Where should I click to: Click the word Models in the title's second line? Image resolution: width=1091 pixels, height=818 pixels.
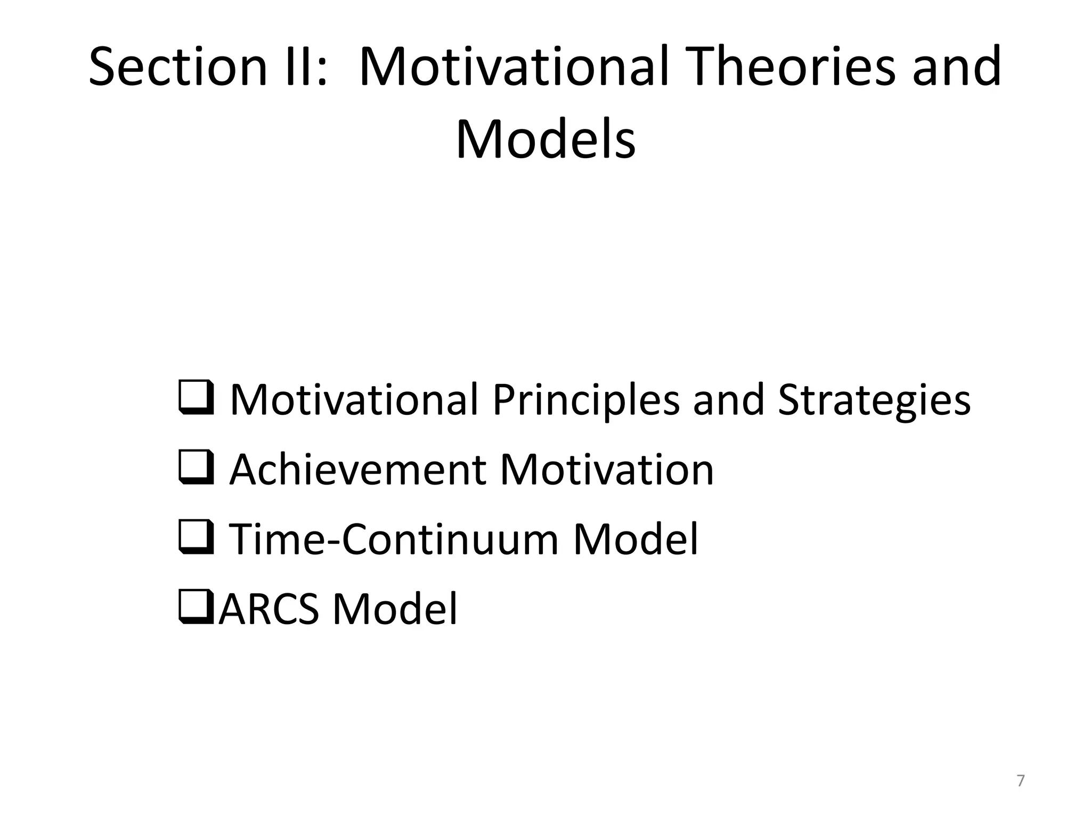pyautogui.click(x=545, y=140)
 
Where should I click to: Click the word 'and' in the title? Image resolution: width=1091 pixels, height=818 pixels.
pyautogui.click(x=957, y=68)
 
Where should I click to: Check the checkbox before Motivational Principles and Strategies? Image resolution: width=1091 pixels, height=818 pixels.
pyautogui.click(x=196, y=398)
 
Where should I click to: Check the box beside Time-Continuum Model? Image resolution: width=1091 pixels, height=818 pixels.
pyautogui.click(x=196, y=537)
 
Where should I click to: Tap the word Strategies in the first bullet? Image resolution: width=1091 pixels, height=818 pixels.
pyautogui.click(x=874, y=400)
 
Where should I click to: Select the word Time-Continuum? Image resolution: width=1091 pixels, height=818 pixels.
pyautogui.click(x=394, y=539)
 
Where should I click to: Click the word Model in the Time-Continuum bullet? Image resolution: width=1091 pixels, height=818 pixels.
pyautogui.click(x=635, y=539)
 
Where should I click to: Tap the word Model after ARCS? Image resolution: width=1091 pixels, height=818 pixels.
pyautogui.click(x=395, y=609)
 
